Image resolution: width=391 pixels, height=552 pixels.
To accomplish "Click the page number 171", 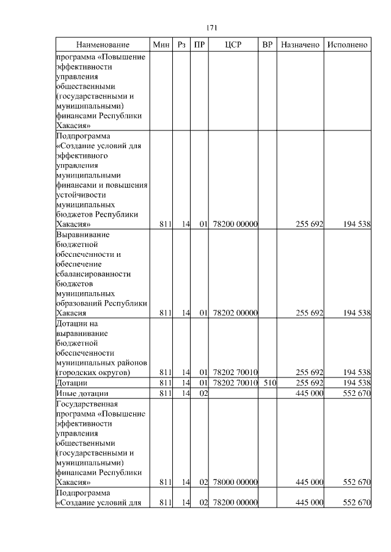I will click(213, 28).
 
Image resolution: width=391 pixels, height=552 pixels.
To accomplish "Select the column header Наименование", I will click(103, 45).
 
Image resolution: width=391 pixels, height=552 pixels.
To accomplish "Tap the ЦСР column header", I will click(234, 45).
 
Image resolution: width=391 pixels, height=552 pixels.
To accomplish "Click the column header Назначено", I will click(300, 45).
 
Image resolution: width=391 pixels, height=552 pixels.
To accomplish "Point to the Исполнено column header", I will click(347, 45).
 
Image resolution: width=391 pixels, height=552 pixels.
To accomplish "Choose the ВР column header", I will click(267, 45).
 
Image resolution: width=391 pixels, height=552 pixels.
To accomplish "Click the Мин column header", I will click(161, 45).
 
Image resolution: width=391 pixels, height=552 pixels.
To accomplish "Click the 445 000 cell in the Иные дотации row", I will click(309, 393).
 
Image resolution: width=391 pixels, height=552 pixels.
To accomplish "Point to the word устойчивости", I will click(85, 195).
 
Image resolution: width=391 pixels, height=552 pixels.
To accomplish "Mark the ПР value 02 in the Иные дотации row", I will click(204, 393).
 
